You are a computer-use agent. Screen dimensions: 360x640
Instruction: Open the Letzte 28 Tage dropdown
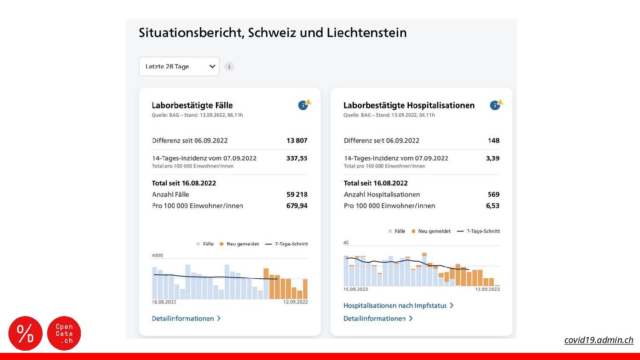[179, 67]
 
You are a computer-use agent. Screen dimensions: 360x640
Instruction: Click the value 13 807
[296, 140]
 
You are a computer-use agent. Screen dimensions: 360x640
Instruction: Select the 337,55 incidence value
[296, 158]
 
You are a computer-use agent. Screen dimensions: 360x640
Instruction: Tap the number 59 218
[296, 194]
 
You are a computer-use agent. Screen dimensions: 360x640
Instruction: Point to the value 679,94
[296, 206]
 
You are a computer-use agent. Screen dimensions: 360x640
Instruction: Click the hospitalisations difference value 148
[493, 140]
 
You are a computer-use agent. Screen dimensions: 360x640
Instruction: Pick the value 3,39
[492, 158]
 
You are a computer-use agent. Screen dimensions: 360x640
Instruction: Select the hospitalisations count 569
[493, 194]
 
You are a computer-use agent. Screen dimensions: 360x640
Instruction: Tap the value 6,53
[492, 206]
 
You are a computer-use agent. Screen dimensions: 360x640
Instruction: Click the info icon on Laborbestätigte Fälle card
[303, 105]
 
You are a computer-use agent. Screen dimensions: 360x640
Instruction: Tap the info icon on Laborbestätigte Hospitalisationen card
[495, 105]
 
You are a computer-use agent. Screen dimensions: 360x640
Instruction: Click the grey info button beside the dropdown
[229, 67]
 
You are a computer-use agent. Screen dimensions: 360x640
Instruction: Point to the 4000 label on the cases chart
[158, 256]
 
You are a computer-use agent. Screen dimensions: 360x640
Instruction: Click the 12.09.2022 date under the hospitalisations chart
[487, 289]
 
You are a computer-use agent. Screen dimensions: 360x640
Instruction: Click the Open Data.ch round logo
[64, 333]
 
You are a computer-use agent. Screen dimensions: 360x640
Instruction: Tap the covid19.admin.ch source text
[599, 340]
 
